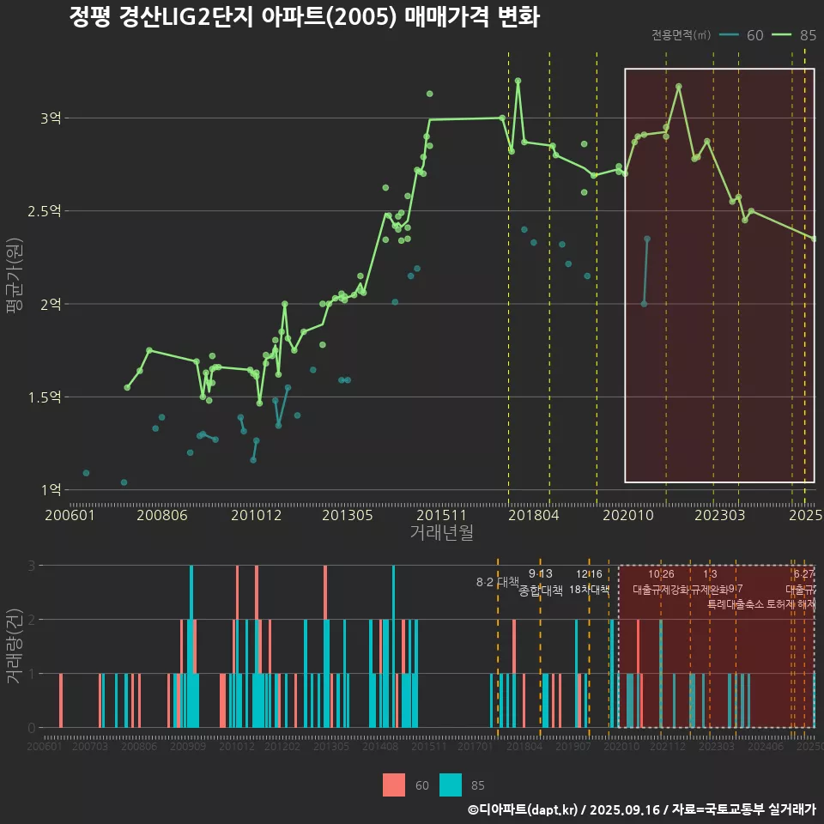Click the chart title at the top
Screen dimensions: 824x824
(304, 18)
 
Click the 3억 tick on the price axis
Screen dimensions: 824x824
(51, 118)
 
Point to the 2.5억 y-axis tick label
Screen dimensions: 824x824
(45, 211)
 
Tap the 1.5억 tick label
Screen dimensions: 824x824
(45, 397)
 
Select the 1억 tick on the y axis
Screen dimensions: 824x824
(51, 490)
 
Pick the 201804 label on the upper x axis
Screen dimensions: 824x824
(533, 516)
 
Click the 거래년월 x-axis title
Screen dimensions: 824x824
(442, 533)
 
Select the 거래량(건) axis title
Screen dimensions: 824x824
(15, 646)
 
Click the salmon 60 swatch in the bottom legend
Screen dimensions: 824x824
(394, 785)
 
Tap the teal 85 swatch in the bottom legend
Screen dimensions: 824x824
(451, 785)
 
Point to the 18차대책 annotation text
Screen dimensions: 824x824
(589, 590)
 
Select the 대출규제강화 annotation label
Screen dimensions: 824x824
(661, 590)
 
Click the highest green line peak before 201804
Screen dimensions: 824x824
(518, 81)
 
